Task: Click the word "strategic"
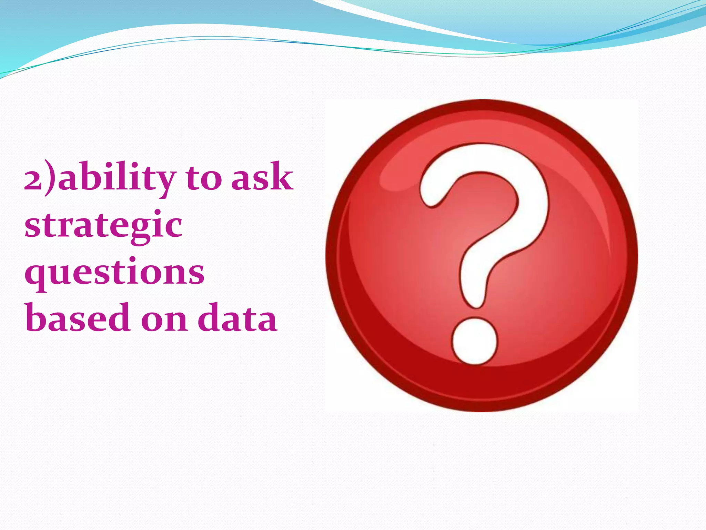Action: (x=103, y=226)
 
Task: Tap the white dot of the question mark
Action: (x=475, y=341)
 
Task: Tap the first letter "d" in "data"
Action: (x=211, y=317)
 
